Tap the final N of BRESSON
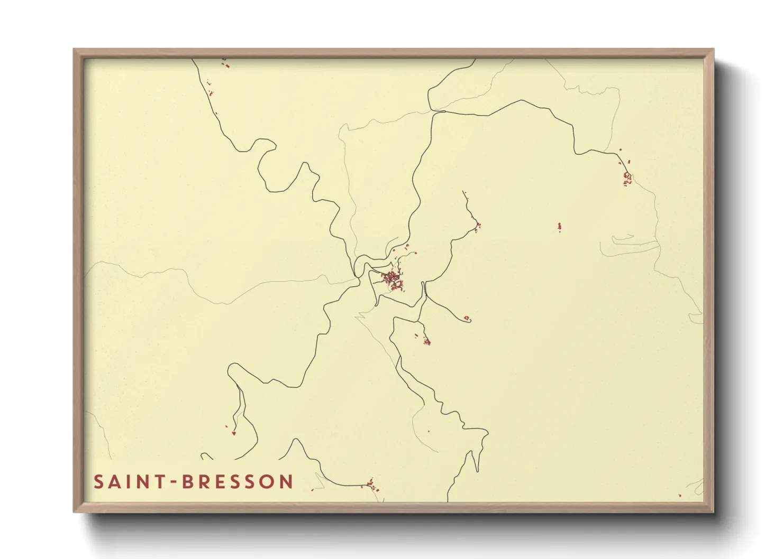click(x=287, y=482)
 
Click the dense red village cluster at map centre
click(x=393, y=278)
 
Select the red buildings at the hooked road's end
click(x=467, y=318)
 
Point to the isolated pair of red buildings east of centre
click(x=559, y=227)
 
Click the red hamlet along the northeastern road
click(x=627, y=177)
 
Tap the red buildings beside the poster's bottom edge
click(x=371, y=484)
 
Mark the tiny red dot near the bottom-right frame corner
click(x=680, y=496)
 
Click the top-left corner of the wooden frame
click(x=74, y=50)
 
